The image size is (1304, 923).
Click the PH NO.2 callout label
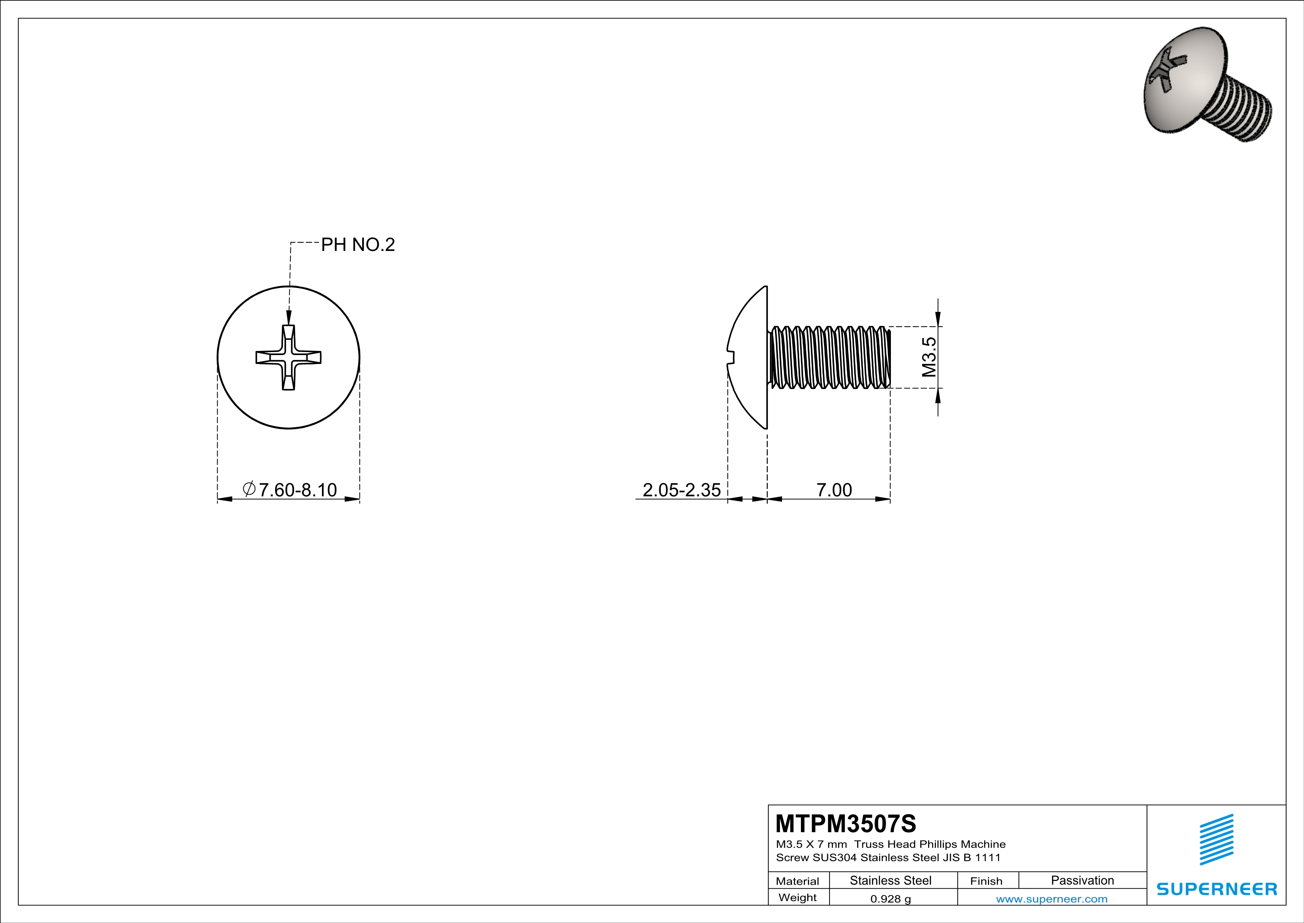(x=358, y=245)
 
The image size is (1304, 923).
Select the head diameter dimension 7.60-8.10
(x=297, y=489)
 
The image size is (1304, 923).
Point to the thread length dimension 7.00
(x=834, y=489)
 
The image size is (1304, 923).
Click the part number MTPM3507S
(x=846, y=824)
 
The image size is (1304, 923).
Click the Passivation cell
(x=1082, y=880)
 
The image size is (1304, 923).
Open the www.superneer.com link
(x=1051, y=898)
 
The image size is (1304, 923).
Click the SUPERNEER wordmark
(x=1217, y=889)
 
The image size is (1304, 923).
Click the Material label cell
(x=798, y=881)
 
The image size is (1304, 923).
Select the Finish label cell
(x=986, y=881)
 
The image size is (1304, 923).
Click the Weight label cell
(x=798, y=897)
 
